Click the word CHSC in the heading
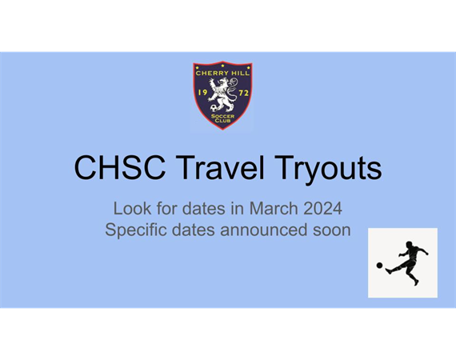(x=120, y=168)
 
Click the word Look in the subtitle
(x=132, y=209)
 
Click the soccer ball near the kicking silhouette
(x=379, y=266)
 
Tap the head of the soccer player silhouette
(x=409, y=245)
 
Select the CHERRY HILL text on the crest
(x=222, y=73)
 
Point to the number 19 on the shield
(x=202, y=93)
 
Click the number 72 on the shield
(x=244, y=93)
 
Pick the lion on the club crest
(x=223, y=94)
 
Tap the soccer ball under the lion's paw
(x=214, y=108)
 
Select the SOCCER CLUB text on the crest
(x=222, y=118)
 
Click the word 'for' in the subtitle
(x=166, y=209)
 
